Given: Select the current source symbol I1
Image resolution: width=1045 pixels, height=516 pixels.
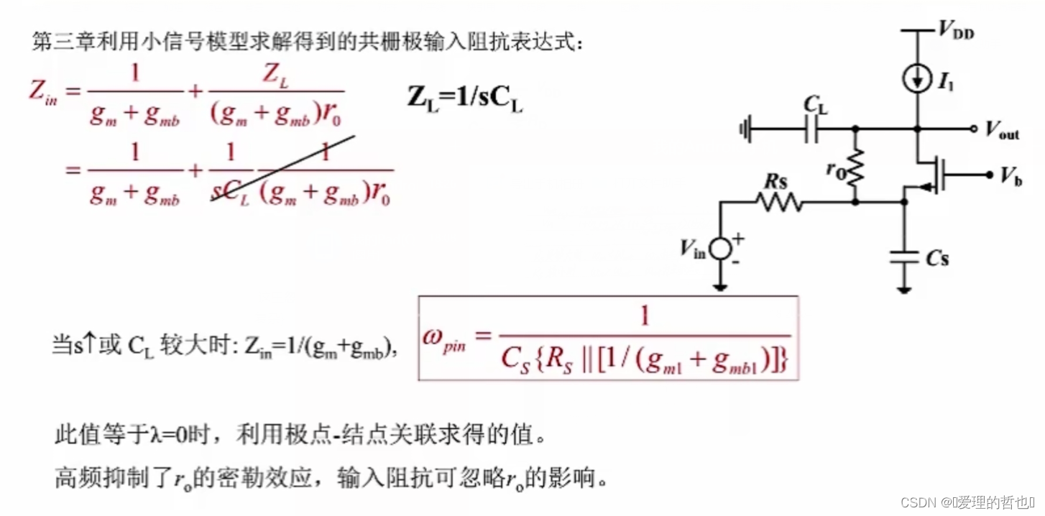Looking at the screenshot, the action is coord(918,80).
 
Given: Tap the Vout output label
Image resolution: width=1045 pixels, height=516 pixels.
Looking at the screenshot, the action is coord(1002,131).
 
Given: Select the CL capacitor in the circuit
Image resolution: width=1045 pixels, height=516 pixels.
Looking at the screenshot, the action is coord(814,130).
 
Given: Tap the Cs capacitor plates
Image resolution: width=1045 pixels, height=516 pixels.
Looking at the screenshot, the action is coord(904,257).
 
